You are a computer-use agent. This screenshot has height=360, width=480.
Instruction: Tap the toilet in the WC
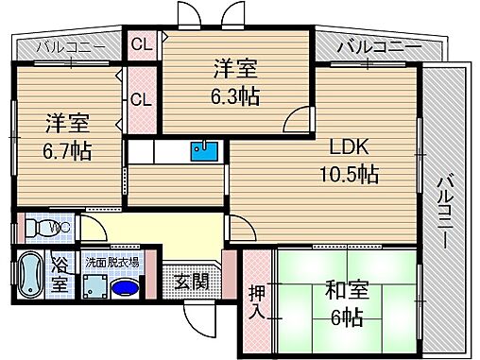pos(37,228)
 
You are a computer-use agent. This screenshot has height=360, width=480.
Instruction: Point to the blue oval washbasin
pos(124,287)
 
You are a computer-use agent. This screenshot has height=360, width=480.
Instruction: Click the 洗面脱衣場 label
pos(111,262)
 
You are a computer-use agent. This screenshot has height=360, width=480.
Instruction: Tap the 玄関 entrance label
pos(193,281)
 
